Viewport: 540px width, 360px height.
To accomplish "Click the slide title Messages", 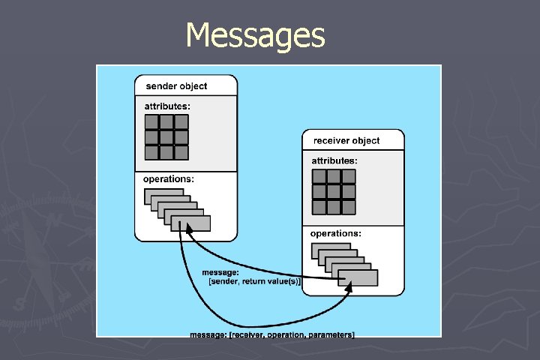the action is click(255, 35).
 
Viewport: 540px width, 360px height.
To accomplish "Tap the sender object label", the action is click(176, 86).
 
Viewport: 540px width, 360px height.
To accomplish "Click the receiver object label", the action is click(346, 140).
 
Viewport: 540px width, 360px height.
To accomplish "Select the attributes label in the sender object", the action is click(167, 106).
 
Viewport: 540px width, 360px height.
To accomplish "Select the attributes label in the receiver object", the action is click(334, 160).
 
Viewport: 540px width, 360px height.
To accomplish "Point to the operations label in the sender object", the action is click(169, 179).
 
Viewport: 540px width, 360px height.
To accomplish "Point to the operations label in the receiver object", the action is click(336, 233).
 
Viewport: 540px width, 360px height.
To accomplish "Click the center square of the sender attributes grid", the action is click(166, 137).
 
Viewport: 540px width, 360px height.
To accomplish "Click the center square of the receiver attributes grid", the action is click(333, 191).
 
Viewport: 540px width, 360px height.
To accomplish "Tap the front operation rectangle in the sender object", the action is click(190, 223).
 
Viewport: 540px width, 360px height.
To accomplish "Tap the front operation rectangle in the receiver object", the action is click(358, 277).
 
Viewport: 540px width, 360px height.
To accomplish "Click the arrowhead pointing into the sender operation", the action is click(190, 234).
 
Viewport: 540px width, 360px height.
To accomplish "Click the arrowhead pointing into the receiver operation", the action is click(349, 289).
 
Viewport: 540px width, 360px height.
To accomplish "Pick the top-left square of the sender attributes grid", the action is click(151, 122).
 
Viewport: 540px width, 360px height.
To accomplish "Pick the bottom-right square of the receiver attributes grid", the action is click(348, 206).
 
